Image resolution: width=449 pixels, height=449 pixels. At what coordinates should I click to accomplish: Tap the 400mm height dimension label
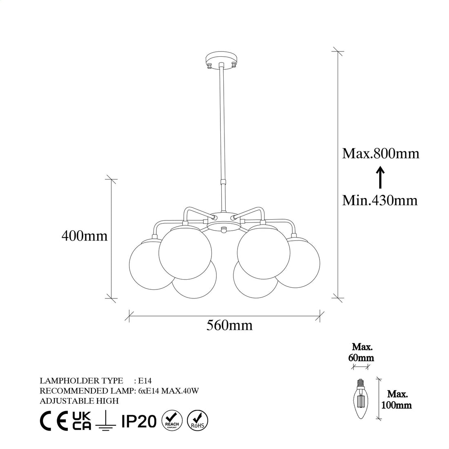(84, 236)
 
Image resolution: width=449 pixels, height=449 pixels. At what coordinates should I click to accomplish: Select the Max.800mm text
(380, 153)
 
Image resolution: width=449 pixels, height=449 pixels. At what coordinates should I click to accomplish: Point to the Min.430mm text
(380, 200)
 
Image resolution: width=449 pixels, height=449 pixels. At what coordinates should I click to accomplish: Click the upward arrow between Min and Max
(380, 178)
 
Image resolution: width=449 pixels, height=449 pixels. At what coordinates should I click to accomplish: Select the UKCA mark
(81, 420)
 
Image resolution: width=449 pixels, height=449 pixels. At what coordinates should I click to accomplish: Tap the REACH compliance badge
(172, 420)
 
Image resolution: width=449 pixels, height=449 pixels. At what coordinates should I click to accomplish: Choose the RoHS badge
(197, 420)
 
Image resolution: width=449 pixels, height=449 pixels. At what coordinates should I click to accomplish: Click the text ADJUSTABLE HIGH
(79, 401)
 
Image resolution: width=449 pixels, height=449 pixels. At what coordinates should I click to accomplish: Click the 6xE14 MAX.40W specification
(169, 391)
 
